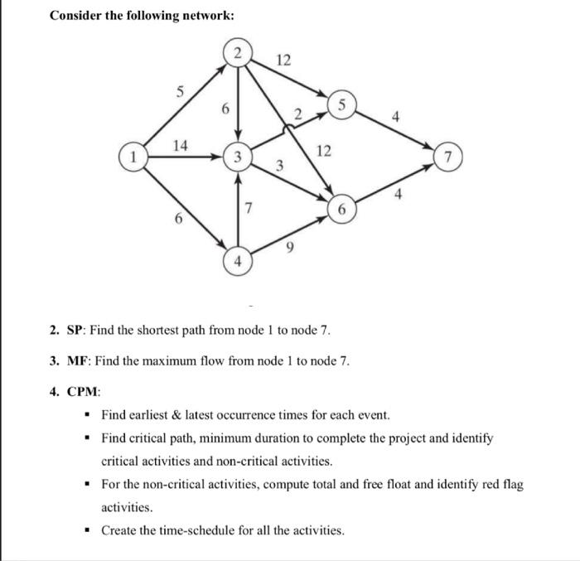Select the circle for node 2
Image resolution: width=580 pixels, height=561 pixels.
pyautogui.click(x=238, y=52)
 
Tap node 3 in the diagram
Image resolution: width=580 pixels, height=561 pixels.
pyautogui.click(x=237, y=156)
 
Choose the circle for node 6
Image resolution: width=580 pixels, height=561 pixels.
pyautogui.click(x=341, y=209)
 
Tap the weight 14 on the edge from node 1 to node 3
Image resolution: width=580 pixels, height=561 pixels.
pyautogui.click(x=179, y=146)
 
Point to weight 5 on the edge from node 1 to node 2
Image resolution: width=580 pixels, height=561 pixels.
pyautogui.click(x=171, y=93)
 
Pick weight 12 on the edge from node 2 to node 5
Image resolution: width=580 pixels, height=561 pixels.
pyautogui.click(x=283, y=60)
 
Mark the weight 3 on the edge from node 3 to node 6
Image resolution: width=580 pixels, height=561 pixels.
pyautogui.click(x=280, y=167)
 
